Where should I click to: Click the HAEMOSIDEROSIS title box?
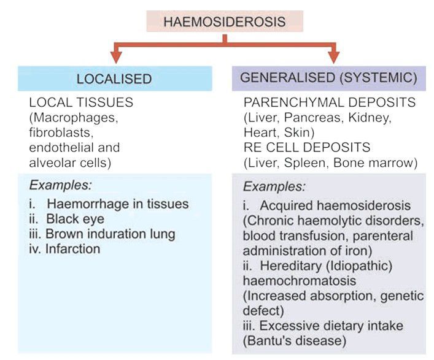(224, 21)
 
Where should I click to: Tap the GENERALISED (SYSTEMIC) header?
(328, 79)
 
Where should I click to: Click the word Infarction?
(72, 249)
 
